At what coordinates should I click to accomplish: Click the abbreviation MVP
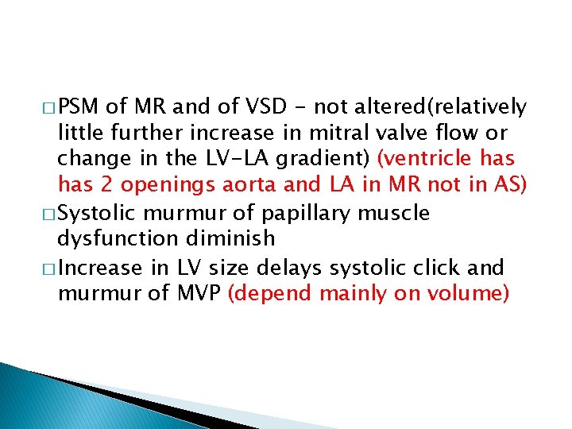pyautogui.click(x=203, y=293)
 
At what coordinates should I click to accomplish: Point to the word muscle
pyautogui.click(x=400, y=214)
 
